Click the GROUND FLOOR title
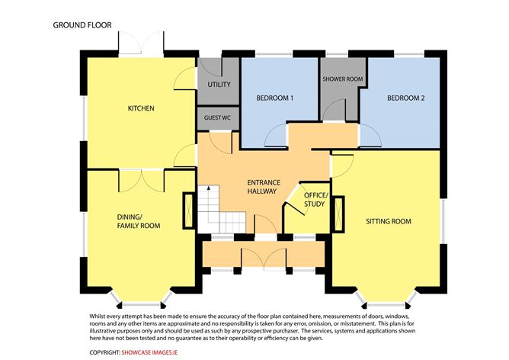[x=82, y=24]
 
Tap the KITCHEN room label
[x=141, y=108]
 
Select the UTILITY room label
[x=218, y=85]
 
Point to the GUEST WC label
[x=218, y=119]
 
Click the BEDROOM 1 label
[x=275, y=98]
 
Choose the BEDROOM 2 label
[x=405, y=98]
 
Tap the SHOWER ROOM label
[x=342, y=79]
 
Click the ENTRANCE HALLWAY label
[x=264, y=187]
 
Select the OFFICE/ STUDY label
[x=315, y=200]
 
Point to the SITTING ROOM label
[x=388, y=222]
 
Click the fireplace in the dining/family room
[x=187, y=211]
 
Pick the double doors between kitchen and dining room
[x=136, y=176]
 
